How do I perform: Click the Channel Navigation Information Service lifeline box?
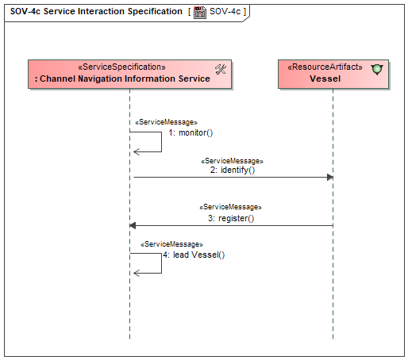tap(129, 75)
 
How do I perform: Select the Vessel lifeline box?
tap(333, 75)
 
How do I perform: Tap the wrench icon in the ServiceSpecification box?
tap(221, 70)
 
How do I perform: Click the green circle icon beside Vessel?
tap(377, 70)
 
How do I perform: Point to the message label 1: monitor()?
tap(191, 132)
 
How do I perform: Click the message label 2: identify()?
tap(233, 170)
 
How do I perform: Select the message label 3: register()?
tap(231, 218)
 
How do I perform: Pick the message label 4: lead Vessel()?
tap(194, 255)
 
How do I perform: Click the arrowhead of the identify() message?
tap(330, 177)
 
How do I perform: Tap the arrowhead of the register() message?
tap(133, 226)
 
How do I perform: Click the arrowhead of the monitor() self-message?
tap(137, 151)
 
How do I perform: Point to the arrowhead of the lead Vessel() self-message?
tap(137, 273)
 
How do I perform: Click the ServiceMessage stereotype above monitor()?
tap(166, 122)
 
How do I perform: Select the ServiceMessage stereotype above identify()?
tap(232, 161)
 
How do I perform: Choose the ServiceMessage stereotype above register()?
tap(230, 207)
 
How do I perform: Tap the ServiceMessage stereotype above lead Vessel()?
tap(171, 244)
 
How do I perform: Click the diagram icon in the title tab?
tap(200, 12)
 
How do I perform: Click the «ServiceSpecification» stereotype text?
tap(121, 67)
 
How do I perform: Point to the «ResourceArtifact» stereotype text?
tap(325, 67)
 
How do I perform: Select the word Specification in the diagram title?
tap(155, 12)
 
